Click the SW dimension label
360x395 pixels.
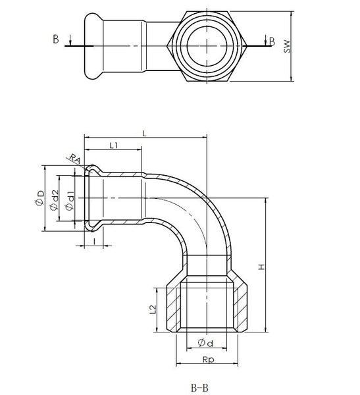(x=287, y=46)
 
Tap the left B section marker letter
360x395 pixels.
(x=56, y=39)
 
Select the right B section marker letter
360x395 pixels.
(x=272, y=41)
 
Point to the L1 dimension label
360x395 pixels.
(x=114, y=145)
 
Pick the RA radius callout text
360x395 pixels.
(x=75, y=159)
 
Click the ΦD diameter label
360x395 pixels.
(x=39, y=198)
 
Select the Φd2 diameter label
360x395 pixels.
(x=55, y=199)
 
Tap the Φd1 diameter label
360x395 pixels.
(x=70, y=201)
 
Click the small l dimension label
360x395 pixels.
(x=94, y=242)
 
